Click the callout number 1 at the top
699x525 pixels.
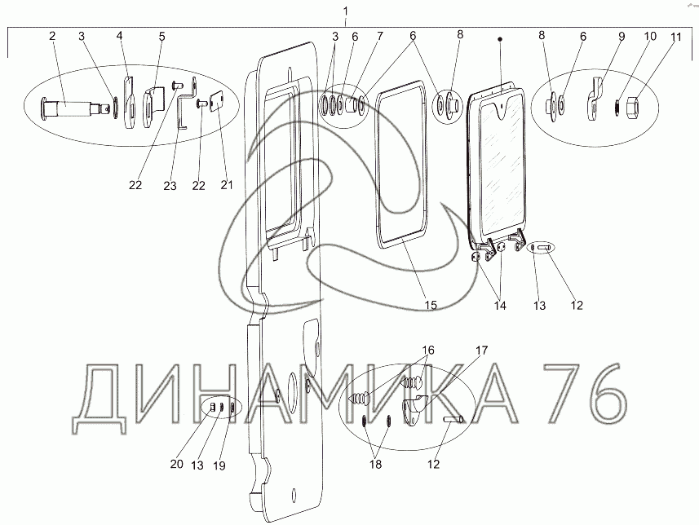click(x=347, y=11)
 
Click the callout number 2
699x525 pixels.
click(x=52, y=36)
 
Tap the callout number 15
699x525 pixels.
click(x=430, y=305)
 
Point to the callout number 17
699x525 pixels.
click(x=482, y=351)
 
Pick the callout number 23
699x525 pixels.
click(x=170, y=185)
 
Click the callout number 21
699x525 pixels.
click(x=227, y=184)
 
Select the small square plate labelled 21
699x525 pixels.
click(x=217, y=101)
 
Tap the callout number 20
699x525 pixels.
click(x=176, y=464)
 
